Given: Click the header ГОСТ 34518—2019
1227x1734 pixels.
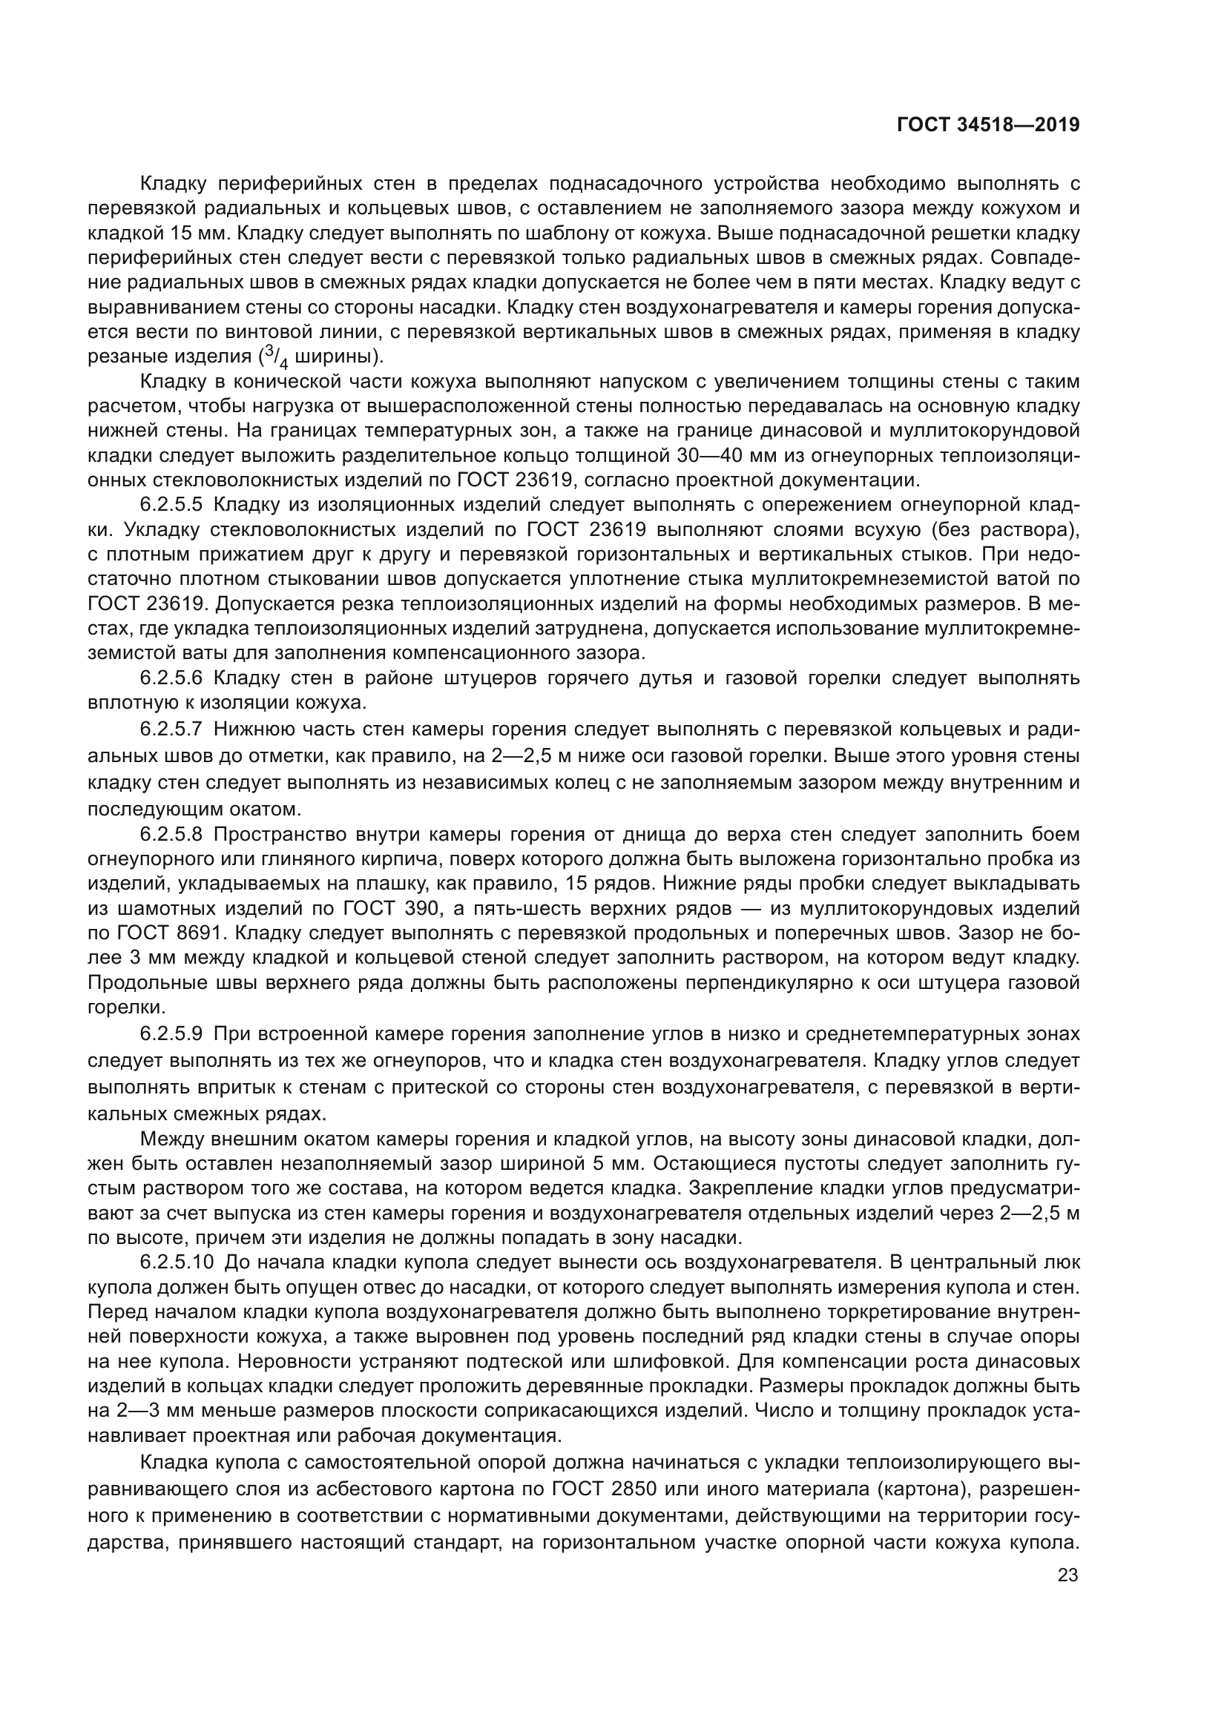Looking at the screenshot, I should [987, 125].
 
